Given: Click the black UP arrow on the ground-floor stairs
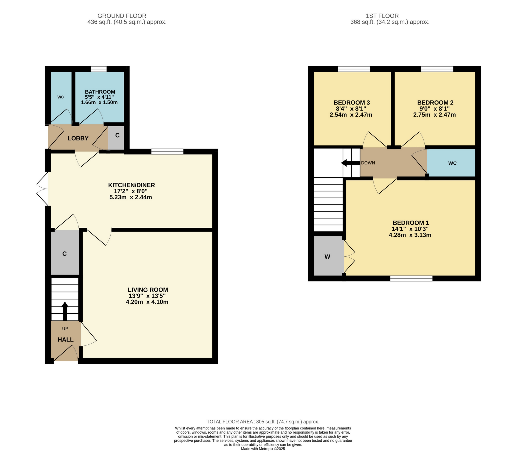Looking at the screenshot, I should (x=65, y=311).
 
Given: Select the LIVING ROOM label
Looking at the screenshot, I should (x=148, y=290).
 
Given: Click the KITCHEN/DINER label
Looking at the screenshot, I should (x=131, y=185).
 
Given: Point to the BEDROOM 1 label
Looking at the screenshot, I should (x=411, y=223).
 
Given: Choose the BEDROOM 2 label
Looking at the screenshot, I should (x=435, y=103).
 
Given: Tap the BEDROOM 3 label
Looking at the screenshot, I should (x=352, y=103).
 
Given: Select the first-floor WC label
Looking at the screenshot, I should (x=452, y=163).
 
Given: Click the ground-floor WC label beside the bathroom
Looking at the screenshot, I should (x=61, y=97).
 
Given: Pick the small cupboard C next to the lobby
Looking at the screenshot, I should (x=117, y=135).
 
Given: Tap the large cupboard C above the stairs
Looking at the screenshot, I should (x=64, y=254).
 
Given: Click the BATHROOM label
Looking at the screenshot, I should (x=100, y=92).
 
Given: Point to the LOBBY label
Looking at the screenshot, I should (x=78, y=139).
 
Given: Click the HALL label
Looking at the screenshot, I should (x=65, y=339).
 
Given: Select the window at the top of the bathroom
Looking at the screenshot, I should (x=99, y=69).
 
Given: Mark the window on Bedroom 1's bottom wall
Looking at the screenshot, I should (x=411, y=278).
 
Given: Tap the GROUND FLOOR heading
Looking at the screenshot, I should (x=122, y=16).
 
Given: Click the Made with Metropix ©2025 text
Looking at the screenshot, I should (x=263, y=449).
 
